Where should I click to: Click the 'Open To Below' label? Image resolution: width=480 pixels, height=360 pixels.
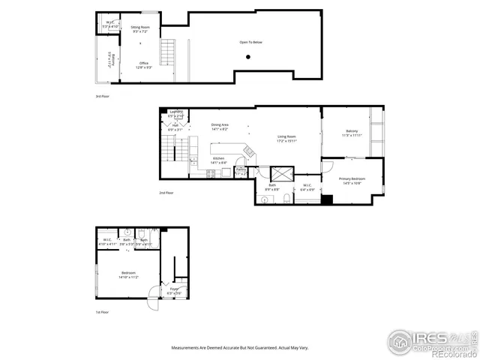[251, 42]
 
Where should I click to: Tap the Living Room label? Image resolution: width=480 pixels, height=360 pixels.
[287, 136]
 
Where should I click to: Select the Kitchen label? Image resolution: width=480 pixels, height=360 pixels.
[219, 158]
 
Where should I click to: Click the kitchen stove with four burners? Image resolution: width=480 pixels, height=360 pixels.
[211, 173]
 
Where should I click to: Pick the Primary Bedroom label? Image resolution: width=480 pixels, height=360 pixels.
[352, 178]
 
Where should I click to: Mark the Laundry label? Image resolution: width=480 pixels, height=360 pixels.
[175, 112]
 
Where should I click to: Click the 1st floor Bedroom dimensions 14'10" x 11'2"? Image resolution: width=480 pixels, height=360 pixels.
[129, 277]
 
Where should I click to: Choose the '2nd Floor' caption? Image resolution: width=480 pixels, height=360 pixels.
[166, 193]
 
